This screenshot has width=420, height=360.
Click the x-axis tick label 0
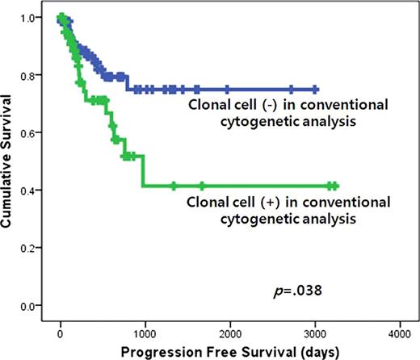point(61,333)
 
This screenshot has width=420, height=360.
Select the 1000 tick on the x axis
point(145,333)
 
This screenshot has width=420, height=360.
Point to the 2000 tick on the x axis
point(230,333)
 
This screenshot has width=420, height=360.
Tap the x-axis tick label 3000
point(315,333)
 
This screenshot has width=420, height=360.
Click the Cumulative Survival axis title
point(10,161)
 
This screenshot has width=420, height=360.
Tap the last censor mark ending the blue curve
point(315,90)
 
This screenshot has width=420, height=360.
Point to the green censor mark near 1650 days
point(201,186)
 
